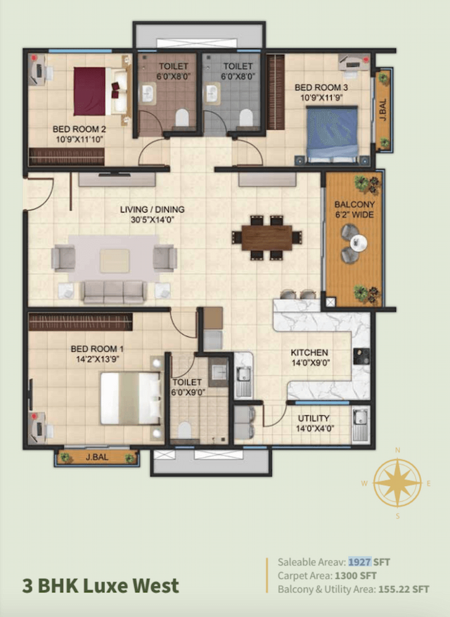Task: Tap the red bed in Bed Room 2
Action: (90, 91)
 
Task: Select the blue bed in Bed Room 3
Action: (333, 132)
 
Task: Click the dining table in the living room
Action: (266, 237)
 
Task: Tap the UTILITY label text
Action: (313, 418)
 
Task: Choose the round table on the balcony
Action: (359, 243)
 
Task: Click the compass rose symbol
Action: (397, 483)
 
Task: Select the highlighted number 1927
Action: (359, 562)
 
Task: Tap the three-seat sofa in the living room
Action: (113, 291)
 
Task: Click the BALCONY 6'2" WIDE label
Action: (355, 210)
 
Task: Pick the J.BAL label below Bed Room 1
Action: (96, 458)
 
